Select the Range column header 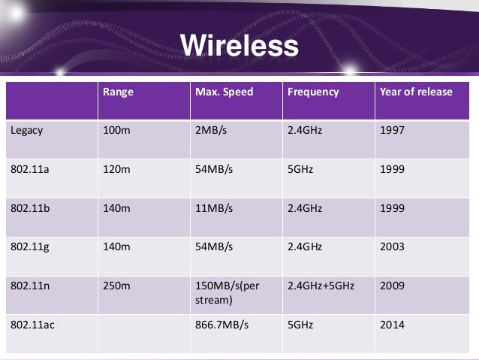116,92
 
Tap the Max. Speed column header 224,92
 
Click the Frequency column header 313,92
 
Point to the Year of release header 417,92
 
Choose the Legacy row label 26,130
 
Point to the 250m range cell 116,286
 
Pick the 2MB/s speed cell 210,130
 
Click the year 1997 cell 393,130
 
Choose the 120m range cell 116,169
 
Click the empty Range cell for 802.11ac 142,332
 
